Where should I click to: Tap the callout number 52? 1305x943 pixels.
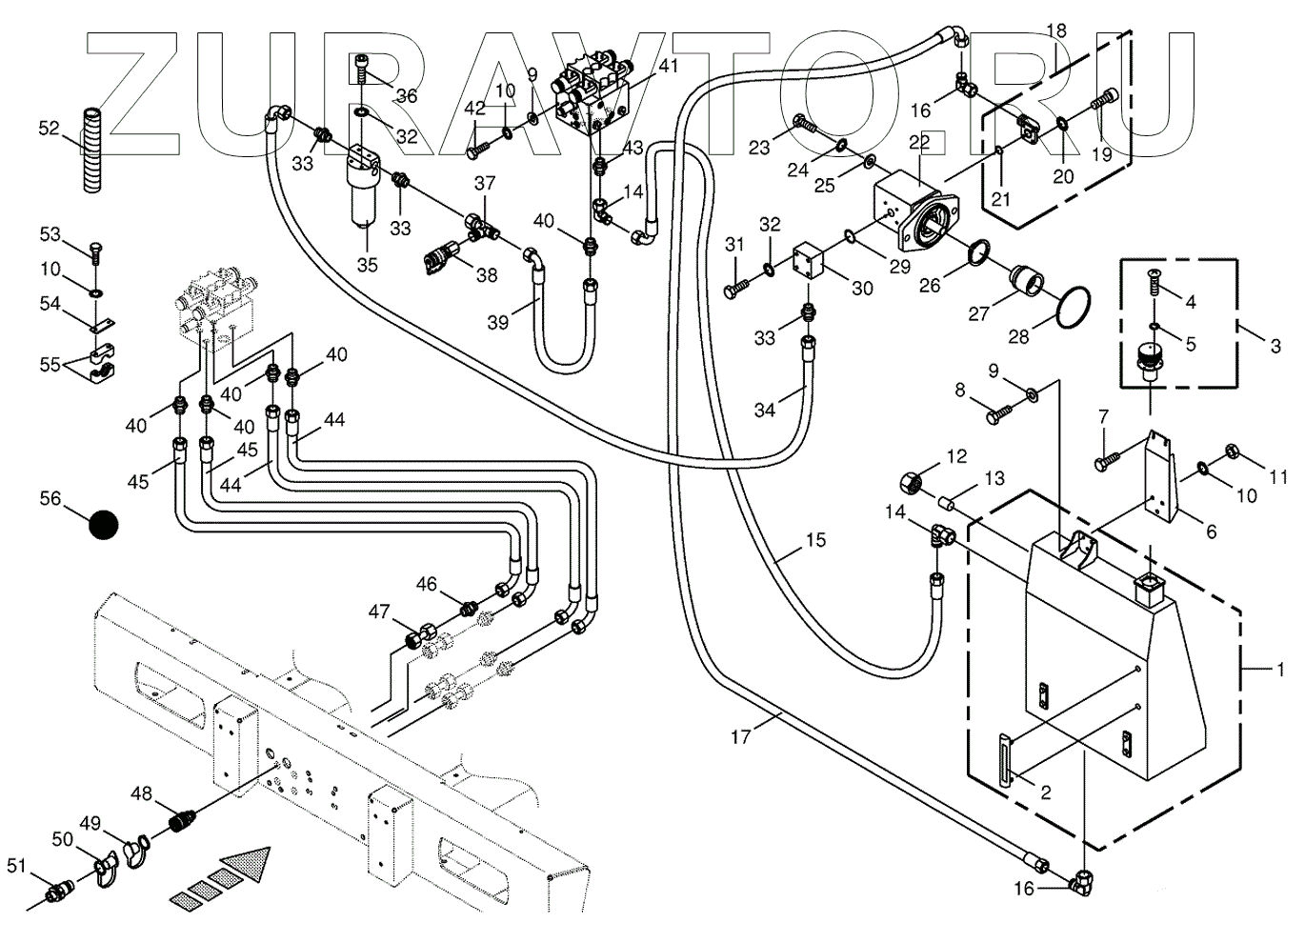(50, 128)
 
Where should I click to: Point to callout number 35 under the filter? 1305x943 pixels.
(368, 264)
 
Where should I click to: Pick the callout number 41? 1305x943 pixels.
(669, 66)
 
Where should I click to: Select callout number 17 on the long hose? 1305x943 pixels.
(742, 735)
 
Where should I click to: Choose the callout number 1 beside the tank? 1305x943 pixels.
(1280, 670)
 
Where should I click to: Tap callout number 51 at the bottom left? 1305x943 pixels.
(16, 865)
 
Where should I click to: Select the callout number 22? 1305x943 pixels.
(919, 142)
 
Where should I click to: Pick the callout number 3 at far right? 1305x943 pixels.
(1275, 346)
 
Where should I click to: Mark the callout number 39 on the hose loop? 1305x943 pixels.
(498, 323)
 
